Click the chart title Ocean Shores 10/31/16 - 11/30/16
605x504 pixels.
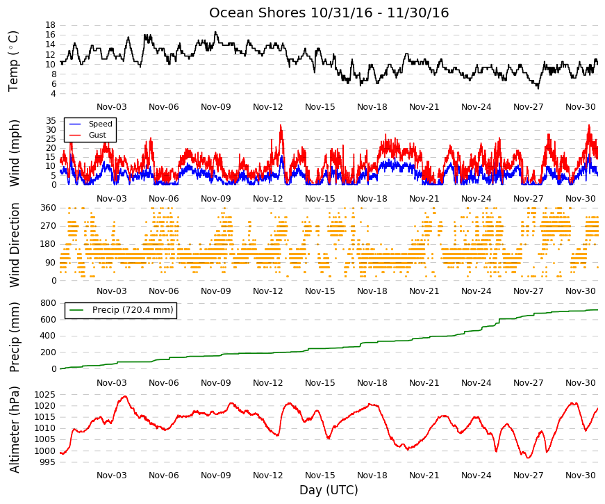coord(329,13)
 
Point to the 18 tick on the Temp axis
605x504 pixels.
coord(51,25)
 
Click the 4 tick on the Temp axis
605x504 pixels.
coord(53,94)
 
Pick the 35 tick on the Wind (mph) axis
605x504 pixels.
coord(51,121)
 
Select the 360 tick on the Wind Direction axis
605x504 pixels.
coord(48,208)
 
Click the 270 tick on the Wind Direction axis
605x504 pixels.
coord(48,226)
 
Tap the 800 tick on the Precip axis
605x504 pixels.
coord(48,303)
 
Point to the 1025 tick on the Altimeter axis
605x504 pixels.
coord(44,395)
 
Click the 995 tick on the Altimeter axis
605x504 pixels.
coord(47,462)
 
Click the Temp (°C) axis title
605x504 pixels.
coord(13,61)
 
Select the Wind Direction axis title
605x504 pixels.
coord(15,245)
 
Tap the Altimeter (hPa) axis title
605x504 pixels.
coord(15,430)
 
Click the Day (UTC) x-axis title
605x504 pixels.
coord(329,490)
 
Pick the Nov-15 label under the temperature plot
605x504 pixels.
coord(320,107)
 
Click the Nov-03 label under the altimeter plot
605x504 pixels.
coord(112,475)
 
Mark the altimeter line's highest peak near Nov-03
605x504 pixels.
coord(124,396)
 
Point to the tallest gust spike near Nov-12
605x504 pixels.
coord(281,125)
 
